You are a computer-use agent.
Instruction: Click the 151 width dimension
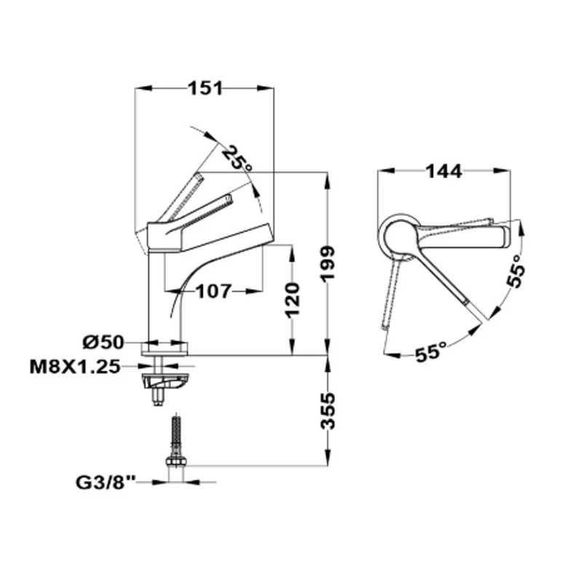205,88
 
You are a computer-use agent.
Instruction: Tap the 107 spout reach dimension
214,292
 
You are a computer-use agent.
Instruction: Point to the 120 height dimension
293,300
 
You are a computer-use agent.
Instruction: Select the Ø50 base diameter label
103,342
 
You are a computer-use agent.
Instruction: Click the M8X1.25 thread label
75,367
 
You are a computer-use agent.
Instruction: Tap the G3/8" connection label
105,482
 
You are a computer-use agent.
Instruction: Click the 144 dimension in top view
444,171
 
